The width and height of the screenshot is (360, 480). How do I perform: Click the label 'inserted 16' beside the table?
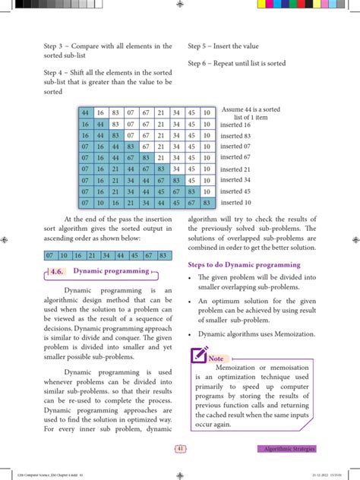point(235,125)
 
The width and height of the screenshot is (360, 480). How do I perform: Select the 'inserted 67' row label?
point(235,157)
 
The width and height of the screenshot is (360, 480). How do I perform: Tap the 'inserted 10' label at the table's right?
point(235,202)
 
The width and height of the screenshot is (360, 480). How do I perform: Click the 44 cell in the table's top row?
point(85,113)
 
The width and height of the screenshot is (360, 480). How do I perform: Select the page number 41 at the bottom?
point(180,448)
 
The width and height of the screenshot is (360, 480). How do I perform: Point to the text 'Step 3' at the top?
point(56,46)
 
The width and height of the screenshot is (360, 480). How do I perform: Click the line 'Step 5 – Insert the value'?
point(228,46)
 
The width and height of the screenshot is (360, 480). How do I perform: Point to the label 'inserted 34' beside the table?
point(235,180)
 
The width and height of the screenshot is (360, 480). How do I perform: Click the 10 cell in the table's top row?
point(207,113)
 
